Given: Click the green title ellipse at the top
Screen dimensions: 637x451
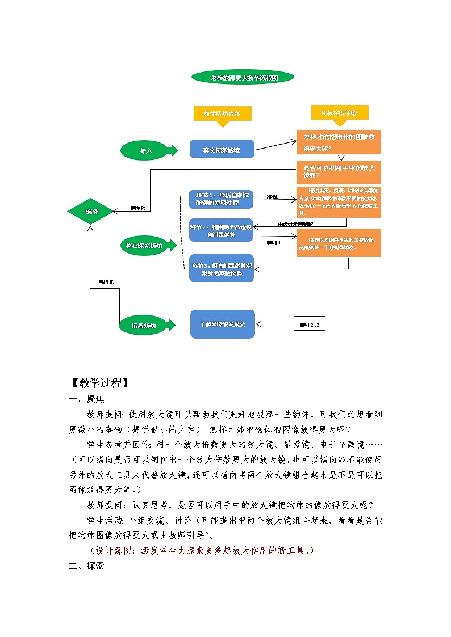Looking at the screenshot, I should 243,77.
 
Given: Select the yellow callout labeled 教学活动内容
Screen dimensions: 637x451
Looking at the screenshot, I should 222,114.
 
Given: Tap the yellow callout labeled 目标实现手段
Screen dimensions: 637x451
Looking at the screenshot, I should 340,113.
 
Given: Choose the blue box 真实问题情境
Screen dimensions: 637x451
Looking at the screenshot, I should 222,150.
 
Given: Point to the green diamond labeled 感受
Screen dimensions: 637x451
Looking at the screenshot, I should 91,212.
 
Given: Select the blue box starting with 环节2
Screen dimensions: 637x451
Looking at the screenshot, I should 221,230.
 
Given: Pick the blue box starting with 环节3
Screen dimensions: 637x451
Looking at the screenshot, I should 221,268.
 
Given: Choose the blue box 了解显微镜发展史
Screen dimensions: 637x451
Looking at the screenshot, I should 222,324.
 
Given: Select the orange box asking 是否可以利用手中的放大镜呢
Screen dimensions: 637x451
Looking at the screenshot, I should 339,171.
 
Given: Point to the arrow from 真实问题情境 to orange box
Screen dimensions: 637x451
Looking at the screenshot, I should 275,145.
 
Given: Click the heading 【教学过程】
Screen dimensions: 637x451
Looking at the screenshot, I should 99,383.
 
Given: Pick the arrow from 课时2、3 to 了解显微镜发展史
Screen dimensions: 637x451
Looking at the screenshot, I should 274,324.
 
